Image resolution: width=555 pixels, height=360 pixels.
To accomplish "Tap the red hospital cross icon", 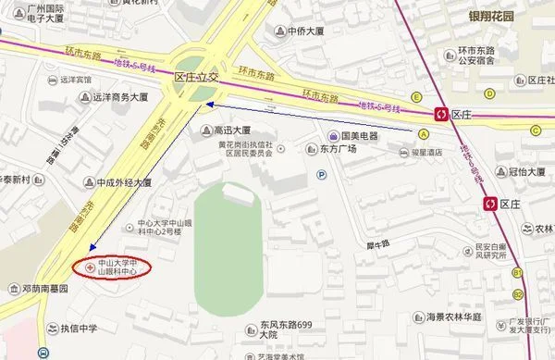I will click(90, 267).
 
